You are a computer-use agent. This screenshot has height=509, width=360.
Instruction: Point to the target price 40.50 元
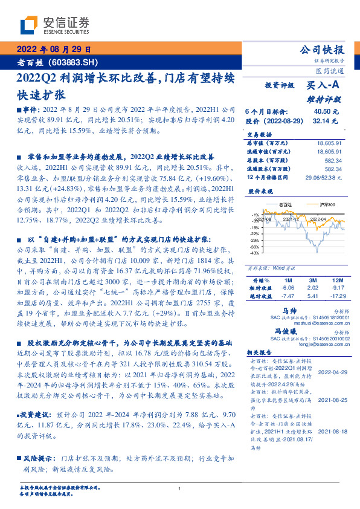click(326, 112)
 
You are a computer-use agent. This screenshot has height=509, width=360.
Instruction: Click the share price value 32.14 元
click(326, 121)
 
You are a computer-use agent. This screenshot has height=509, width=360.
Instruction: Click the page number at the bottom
click(180, 490)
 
